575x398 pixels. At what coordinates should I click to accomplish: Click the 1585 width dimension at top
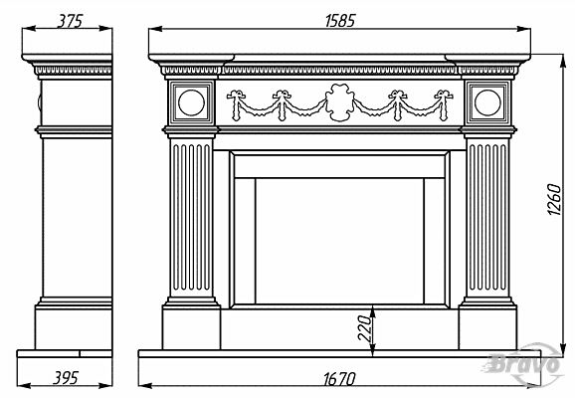pyautogui.click(x=340, y=21)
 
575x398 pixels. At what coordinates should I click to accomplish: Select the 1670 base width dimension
pyautogui.click(x=339, y=379)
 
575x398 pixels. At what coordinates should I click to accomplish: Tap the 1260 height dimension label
pyautogui.click(x=554, y=200)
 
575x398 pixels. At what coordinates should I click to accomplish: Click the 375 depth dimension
pyautogui.click(x=70, y=21)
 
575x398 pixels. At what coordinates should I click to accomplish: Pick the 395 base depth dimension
pyautogui.click(x=66, y=378)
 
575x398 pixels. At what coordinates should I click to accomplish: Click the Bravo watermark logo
pyautogui.click(x=523, y=364)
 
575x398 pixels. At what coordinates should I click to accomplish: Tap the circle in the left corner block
pyautogui.click(x=191, y=102)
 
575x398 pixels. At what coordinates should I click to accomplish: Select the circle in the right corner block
pyautogui.click(x=487, y=102)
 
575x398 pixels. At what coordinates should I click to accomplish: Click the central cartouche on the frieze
pyautogui.click(x=340, y=102)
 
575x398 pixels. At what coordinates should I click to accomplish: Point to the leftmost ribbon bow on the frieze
pyautogui.click(x=236, y=95)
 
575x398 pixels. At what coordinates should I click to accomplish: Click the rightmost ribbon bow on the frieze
pyautogui.click(x=444, y=95)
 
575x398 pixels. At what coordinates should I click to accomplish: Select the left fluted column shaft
pyautogui.click(x=191, y=218)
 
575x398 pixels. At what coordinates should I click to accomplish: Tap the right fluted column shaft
pyautogui.click(x=487, y=218)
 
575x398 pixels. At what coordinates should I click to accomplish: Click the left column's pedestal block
pyautogui.click(x=191, y=327)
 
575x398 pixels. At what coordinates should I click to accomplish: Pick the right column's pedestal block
pyautogui.click(x=487, y=327)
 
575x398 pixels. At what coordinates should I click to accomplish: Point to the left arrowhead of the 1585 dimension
pyautogui.click(x=156, y=29)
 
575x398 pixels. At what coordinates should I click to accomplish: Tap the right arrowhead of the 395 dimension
pyautogui.click(x=105, y=385)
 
